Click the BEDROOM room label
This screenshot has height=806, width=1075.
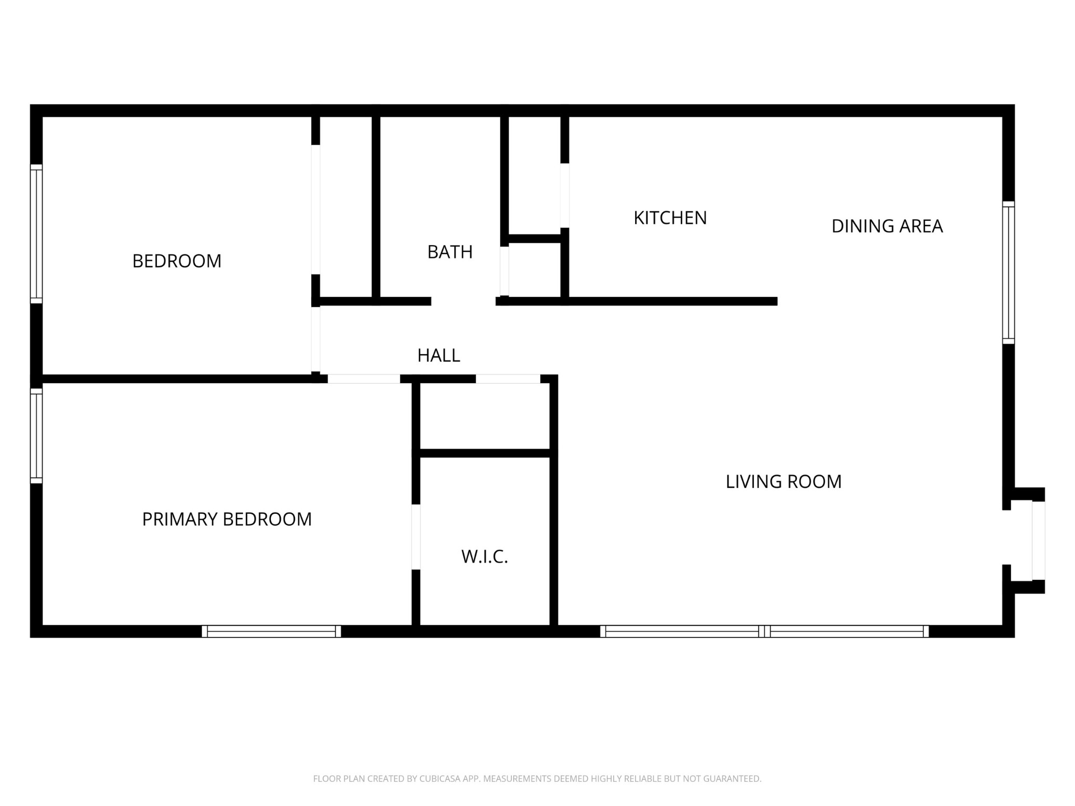coord(177,261)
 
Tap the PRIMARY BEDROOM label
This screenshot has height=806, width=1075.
coord(227,519)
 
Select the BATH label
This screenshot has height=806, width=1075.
coord(450,252)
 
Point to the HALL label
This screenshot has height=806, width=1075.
coord(439,355)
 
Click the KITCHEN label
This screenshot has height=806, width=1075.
coord(670,218)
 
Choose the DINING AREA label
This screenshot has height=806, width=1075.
coord(887,226)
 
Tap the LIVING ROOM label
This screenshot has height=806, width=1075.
coord(784,481)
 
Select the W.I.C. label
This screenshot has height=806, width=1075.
coord(484,557)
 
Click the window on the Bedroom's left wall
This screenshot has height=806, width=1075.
coord(36,234)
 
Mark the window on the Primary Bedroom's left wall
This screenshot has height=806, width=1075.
coord(36,436)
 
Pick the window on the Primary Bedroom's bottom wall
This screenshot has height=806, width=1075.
coord(271,631)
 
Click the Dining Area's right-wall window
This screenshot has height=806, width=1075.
coord(1008,272)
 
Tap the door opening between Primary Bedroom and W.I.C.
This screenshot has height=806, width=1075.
coord(416,537)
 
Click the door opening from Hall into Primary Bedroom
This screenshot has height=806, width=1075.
coord(364,379)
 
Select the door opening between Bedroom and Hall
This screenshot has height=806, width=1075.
coord(315,339)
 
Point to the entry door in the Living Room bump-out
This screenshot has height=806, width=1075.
coord(1038,540)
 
